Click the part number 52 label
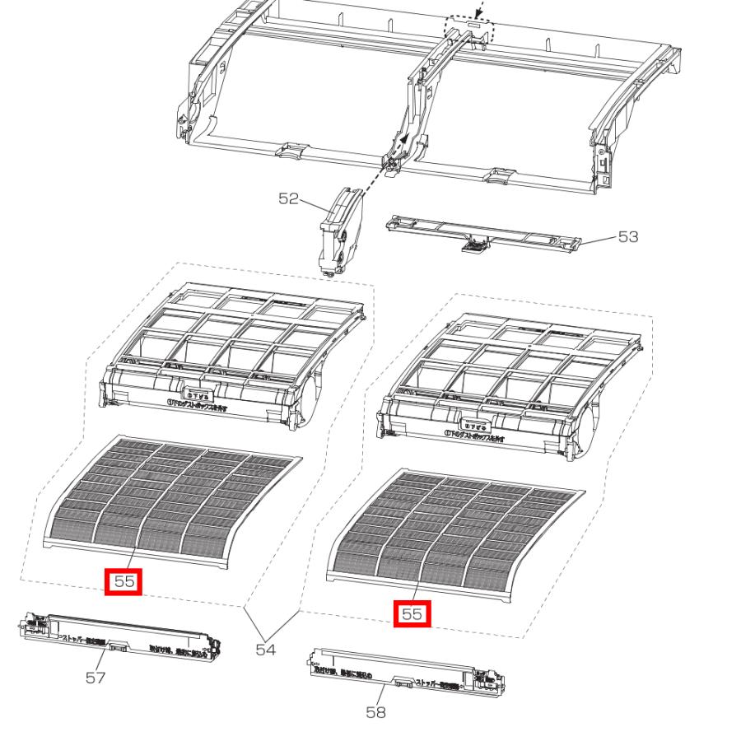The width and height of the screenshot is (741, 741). [288, 200]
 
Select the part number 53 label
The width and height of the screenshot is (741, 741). [628, 237]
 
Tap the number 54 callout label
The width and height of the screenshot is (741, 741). [264, 650]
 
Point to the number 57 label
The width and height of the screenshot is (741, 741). [96, 678]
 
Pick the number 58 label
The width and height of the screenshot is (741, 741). [375, 712]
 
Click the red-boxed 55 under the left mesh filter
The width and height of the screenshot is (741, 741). [124, 581]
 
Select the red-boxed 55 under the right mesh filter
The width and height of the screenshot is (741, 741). [412, 613]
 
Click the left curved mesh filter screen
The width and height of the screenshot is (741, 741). [173, 502]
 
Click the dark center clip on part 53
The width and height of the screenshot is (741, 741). [475, 245]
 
